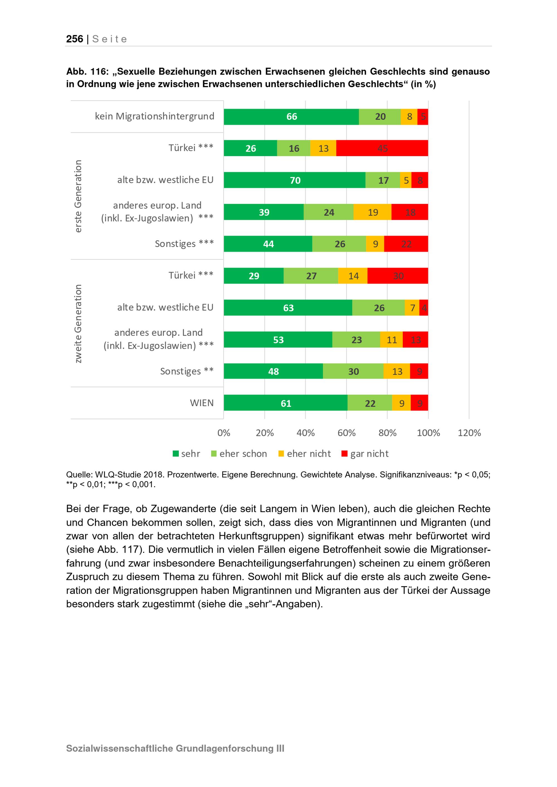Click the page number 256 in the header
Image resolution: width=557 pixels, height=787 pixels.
[74, 39]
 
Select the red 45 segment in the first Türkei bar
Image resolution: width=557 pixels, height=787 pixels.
[382, 148]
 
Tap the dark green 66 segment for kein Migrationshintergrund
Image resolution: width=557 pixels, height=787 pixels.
[291, 117]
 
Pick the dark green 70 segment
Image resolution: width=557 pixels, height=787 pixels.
[294, 180]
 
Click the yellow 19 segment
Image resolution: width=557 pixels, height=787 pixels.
[372, 212]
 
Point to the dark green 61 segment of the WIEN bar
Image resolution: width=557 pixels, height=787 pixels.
[285, 403]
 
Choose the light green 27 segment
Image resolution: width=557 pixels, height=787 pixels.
[311, 276]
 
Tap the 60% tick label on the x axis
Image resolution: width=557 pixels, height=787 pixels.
[346, 432]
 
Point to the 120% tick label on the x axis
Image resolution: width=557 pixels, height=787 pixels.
[469, 432]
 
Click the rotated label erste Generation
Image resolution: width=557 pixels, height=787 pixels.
[78, 196]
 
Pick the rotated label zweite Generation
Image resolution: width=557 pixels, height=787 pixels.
[78, 324]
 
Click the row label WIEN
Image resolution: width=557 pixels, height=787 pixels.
[202, 403]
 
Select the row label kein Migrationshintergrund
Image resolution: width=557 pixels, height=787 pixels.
[154, 116]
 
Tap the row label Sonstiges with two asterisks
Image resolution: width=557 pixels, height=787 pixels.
[187, 371]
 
